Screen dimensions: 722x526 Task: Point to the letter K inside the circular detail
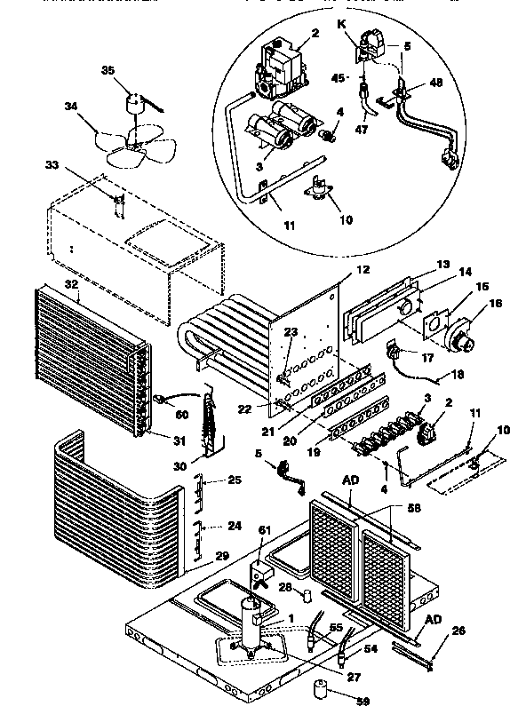point(340,27)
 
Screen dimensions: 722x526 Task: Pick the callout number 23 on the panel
point(291,334)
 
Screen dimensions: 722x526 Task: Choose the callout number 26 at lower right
point(458,632)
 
